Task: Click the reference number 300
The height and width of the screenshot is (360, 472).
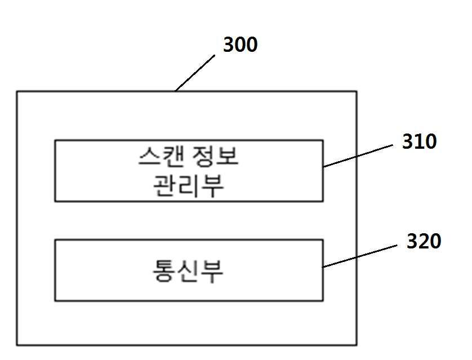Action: (x=240, y=45)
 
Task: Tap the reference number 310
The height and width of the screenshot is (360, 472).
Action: (x=419, y=141)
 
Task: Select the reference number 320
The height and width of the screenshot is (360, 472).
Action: (x=424, y=241)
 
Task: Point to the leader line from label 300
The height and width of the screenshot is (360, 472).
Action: (x=195, y=73)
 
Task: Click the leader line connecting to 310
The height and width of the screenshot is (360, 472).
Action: (x=358, y=155)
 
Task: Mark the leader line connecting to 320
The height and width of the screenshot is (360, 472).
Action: (x=359, y=256)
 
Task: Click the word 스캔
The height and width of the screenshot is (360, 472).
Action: (x=161, y=157)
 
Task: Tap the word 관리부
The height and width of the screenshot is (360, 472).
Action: (x=189, y=186)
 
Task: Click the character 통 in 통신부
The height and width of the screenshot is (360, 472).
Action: (x=164, y=271)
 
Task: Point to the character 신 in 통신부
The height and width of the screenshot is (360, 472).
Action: (x=189, y=271)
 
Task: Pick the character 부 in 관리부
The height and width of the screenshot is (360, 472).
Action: (x=213, y=186)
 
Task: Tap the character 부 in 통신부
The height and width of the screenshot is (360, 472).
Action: (x=212, y=272)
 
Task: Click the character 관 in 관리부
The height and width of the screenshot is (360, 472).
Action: (x=164, y=186)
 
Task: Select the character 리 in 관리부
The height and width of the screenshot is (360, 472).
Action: (x=189, y=186)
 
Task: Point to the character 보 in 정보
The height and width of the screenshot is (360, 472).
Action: (x=228, y=157)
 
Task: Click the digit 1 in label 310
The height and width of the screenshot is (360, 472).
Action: (x=419, y=141)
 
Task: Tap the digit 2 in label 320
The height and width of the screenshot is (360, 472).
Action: (x=424, y=241)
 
